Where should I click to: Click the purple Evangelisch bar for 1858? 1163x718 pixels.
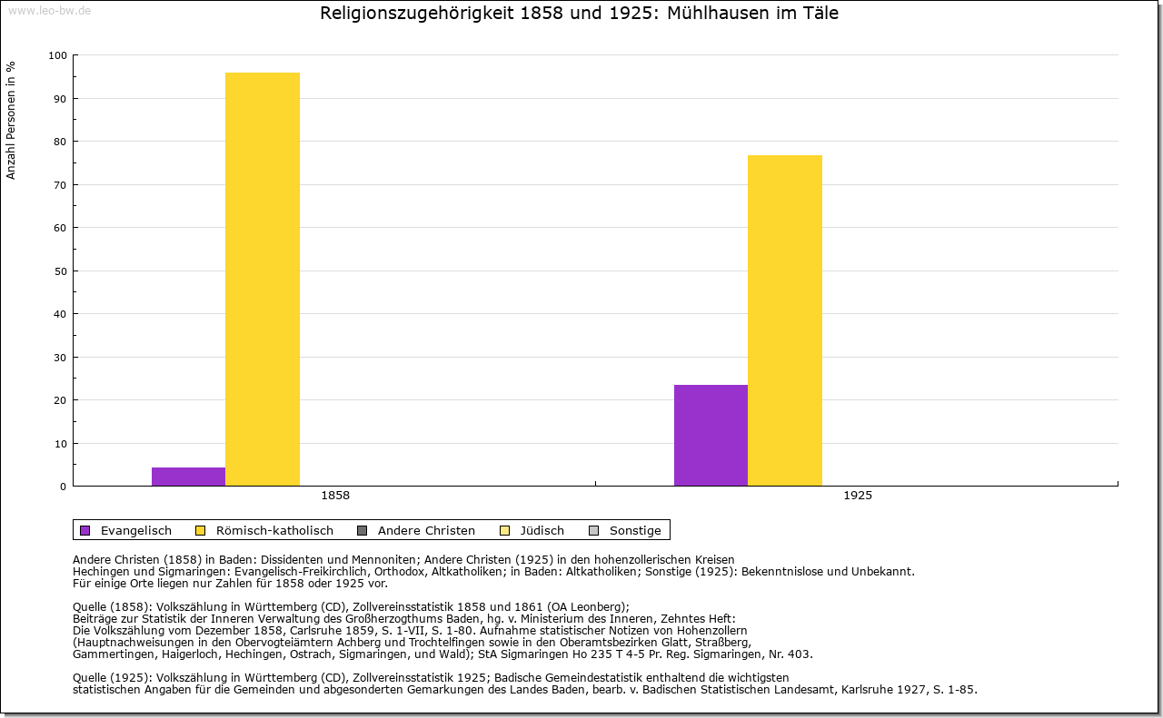tap(188, 477)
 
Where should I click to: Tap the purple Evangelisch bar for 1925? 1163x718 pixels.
tap(711, 436)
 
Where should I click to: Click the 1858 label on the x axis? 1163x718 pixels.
tap(335, 496)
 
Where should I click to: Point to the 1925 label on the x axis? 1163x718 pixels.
tap(858, 496)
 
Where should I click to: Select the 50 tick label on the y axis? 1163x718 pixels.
tap(60, 271)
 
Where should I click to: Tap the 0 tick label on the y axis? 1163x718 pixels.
tap(63, 487)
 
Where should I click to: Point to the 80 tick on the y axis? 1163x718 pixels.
tap(60, 142)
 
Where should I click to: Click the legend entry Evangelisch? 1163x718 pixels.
tap(135, 530)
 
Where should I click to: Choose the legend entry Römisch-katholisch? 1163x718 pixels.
tap(274, 530)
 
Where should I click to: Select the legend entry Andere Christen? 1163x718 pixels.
tap(426, 530)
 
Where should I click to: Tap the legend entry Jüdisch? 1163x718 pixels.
tap(542, 530)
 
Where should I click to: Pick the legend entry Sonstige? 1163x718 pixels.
tap(635, 530)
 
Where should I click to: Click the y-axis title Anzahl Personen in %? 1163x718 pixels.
tap(11, 120)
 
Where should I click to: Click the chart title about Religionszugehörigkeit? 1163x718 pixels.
tap(579, 14)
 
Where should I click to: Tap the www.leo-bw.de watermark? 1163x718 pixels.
tap(48, 10)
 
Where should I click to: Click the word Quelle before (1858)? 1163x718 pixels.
tap(91, 607)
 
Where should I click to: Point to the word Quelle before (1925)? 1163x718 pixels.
tap(91, 678)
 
